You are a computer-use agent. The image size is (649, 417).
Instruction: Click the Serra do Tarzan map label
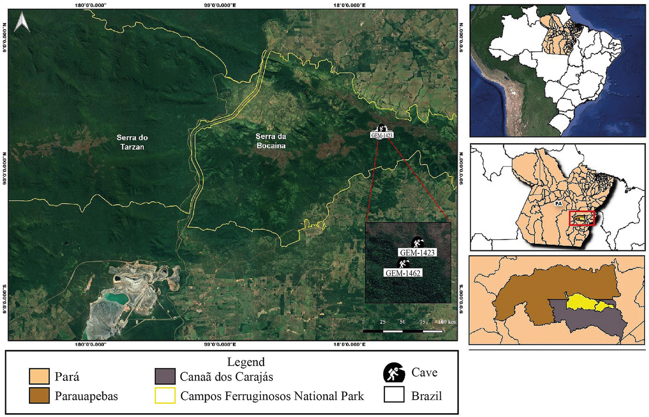(x=132, y=142)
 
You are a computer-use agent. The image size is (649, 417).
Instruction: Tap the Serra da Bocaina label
(x=271, y=141)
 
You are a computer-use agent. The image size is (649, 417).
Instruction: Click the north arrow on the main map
(x=22, y=22)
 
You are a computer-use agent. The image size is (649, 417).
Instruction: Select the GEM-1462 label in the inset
(x=403, y=273)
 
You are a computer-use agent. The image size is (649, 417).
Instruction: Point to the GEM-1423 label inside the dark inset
(x=417, y=252)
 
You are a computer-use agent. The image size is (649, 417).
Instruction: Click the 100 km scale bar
(x=403, y=330)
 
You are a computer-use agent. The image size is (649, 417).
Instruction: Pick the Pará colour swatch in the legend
(x=39, y=376)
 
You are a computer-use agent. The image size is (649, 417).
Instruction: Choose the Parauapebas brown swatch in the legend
(x=39, y=396)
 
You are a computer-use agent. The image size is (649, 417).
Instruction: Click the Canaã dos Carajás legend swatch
(x=165, y=376)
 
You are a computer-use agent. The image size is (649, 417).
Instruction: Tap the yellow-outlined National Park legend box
(x=165, y=396)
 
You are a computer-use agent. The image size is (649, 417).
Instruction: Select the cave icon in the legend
(x=394, y=373)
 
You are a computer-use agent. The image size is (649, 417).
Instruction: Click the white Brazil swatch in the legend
(x=394, y=395)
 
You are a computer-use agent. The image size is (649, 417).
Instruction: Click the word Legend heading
(x=246, y=362)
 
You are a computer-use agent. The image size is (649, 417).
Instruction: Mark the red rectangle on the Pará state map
(x=582, y=218)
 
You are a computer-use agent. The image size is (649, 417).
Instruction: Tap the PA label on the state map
(x=559, y=204)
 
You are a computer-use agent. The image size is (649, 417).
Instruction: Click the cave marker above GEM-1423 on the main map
(x=381, y=128)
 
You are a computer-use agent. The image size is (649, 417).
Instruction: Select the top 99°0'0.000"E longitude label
(x=223, y=6)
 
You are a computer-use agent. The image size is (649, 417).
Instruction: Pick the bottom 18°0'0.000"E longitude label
(x=349, y=345)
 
